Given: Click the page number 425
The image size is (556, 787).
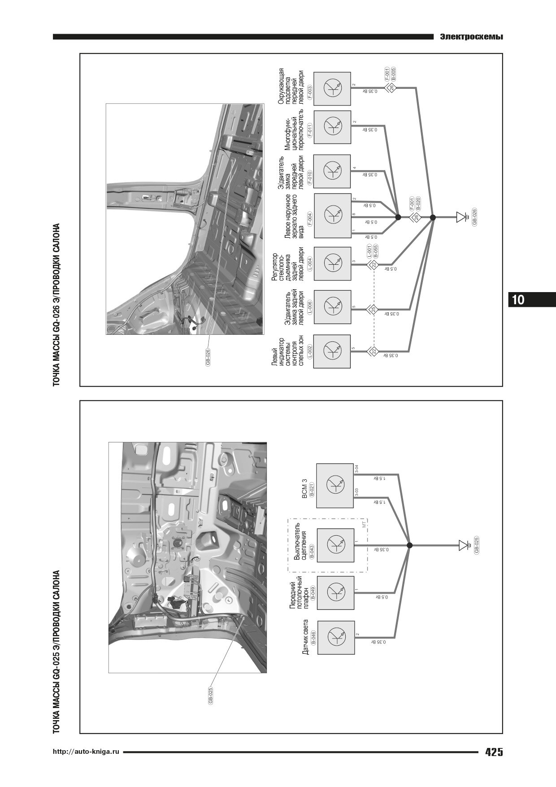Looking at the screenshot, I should [x=494, y=752].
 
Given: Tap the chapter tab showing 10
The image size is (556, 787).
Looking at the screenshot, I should [x=518, y=299].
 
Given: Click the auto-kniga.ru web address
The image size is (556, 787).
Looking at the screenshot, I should [x=86, y=752].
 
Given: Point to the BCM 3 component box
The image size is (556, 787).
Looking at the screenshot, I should [x=335, y=485].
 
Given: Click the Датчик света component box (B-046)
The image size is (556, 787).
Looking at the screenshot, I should [x=335, y=638].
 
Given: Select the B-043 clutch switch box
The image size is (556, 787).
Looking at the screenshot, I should [x=335, y=545].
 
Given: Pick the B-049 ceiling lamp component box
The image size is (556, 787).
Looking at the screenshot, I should [x=335, y=592].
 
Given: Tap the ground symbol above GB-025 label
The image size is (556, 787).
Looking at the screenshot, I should [x=464, y=546].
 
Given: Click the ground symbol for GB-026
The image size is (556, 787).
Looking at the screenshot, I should [x=461, y=218].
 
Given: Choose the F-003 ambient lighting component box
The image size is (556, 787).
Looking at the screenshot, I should [x=332, y=88].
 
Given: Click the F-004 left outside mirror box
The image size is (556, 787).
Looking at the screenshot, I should [x=333, y=215].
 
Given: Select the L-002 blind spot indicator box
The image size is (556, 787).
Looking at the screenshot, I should [x=332, y=351].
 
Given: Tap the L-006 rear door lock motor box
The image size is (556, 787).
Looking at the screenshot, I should [x=332, y=307].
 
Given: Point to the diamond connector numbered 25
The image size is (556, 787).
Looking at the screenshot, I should [x=373, y=309].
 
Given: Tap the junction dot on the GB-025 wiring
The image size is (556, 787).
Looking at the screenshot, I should [x=409, y=546].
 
